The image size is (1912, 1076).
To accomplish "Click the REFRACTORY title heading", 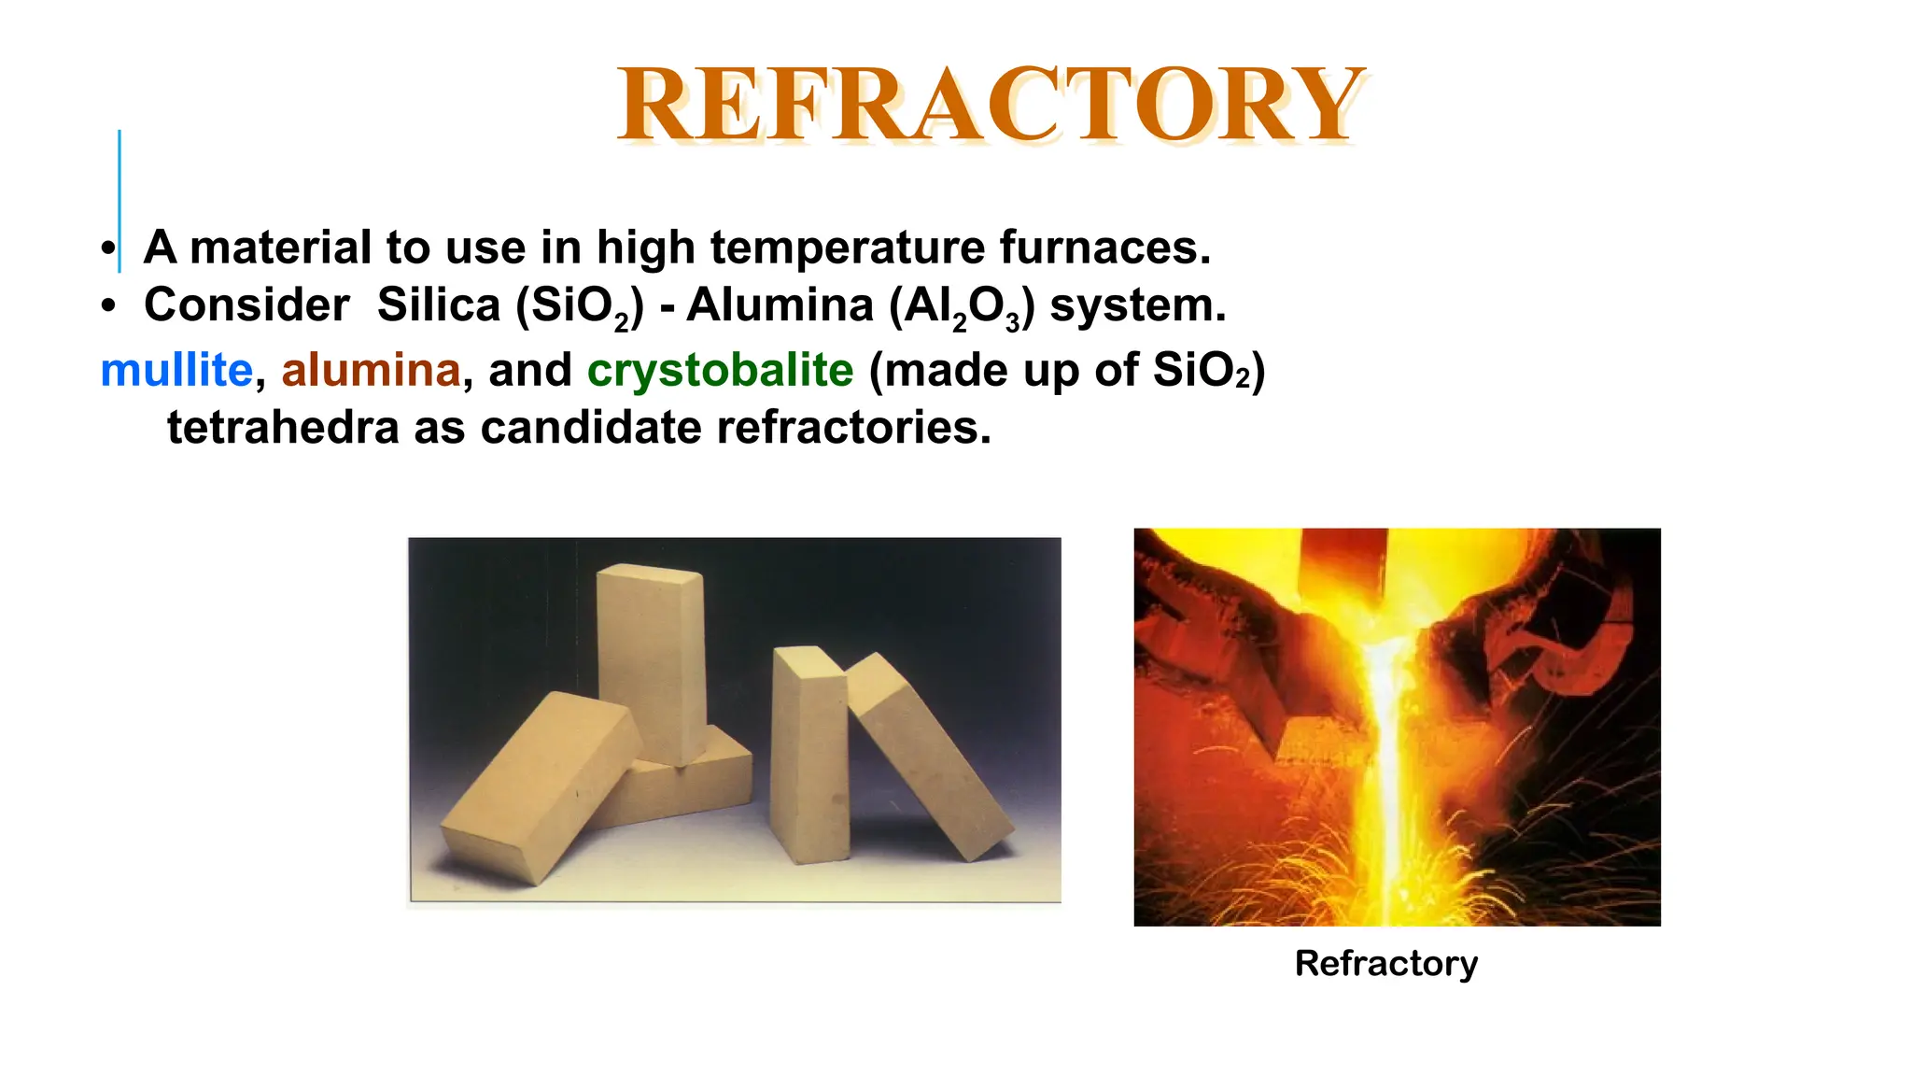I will (991, 105).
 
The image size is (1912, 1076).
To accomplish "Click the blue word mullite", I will (176, 370).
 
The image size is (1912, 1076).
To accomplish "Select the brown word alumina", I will (371, 370).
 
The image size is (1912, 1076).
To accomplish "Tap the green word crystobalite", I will (720, 370).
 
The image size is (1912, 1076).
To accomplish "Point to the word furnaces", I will (1104, 248).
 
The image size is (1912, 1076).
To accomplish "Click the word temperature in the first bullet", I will (847, 248).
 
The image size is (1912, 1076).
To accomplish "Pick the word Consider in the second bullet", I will (246, 305).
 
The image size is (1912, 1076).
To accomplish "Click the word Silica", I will (439, 305).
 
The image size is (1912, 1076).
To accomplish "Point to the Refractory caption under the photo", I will (1385, 963).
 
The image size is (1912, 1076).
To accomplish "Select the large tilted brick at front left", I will (539, 785).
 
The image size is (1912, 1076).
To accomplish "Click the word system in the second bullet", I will (1136, 305).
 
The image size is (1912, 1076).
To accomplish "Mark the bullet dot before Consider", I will (109, 306).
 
